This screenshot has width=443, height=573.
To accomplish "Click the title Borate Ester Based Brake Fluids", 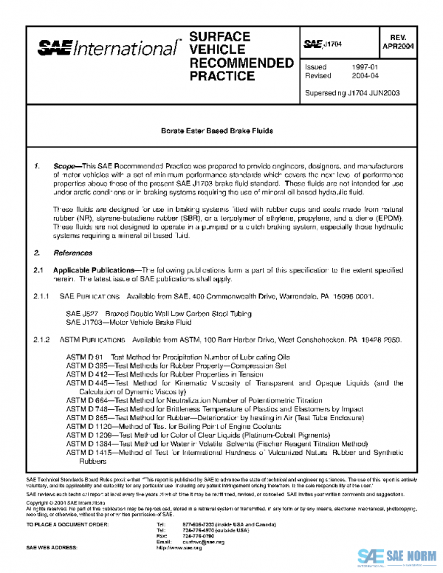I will click(217, 131).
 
